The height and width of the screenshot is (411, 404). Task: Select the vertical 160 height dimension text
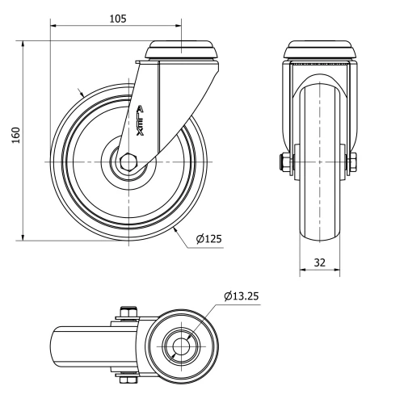pyautogui.click(x=14, y=135)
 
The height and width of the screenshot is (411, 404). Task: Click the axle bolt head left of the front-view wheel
pyautogui.click(x=286, y=162)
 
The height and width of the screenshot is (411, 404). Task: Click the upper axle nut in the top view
pyautogui.click(x=127, y=312)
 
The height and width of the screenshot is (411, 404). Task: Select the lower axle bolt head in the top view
pyautogui.click(x=127, y=380)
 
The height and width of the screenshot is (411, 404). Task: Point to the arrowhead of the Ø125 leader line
pyautogui.click(x=175, y=230)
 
